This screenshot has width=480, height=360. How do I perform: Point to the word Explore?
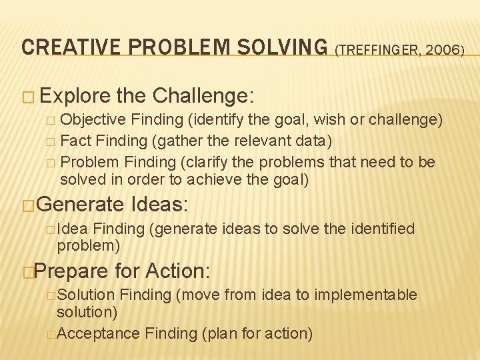pyautogui.click(x=75, y=97)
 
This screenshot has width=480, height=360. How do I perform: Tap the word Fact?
pyautogui.click(x=74, y=141)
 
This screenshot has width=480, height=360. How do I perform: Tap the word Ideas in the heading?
pyautogui.click(x=163, y=203)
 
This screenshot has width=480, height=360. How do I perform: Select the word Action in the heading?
pyautogui.click(x=176, y=271)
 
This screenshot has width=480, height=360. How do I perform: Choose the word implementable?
pyautogui.click(x=365, y=295)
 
